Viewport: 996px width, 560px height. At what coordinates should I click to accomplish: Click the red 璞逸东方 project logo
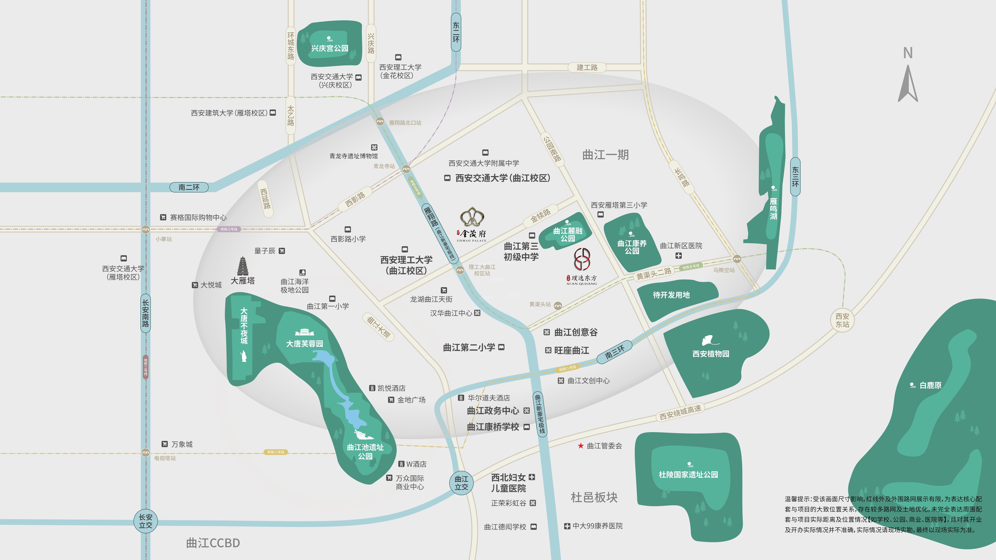point(582,259)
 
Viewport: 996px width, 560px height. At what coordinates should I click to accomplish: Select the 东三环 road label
point(795,177)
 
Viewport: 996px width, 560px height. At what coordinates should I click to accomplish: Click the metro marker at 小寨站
point(145,230)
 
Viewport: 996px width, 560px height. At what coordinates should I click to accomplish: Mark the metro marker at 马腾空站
point(737,259)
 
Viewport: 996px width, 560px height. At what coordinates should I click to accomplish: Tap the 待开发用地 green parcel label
point(671,295)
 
